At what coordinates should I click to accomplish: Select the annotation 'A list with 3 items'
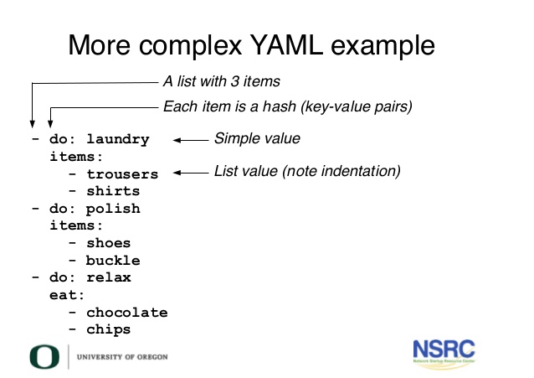click(x=221, y=82)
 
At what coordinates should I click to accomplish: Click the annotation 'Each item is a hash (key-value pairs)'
click(x=287, y=106)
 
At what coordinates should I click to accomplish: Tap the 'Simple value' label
click(x=257, y=138)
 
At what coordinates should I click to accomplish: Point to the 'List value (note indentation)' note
click(x=308, y=171)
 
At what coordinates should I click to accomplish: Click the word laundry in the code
click(x=117, y=139)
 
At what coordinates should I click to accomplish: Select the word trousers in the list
click(x=122, y=174)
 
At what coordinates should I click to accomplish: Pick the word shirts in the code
click(x=113, y=191)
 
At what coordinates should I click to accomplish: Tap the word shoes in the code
click(x=109, y=243)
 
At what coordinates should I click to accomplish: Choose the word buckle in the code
click(x=113, y=261)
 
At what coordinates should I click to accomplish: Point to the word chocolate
click(x=126, y=313)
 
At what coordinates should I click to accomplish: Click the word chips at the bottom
click(x=109, y=329)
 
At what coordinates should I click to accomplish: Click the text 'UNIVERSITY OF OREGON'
click(x=122, y=357)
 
